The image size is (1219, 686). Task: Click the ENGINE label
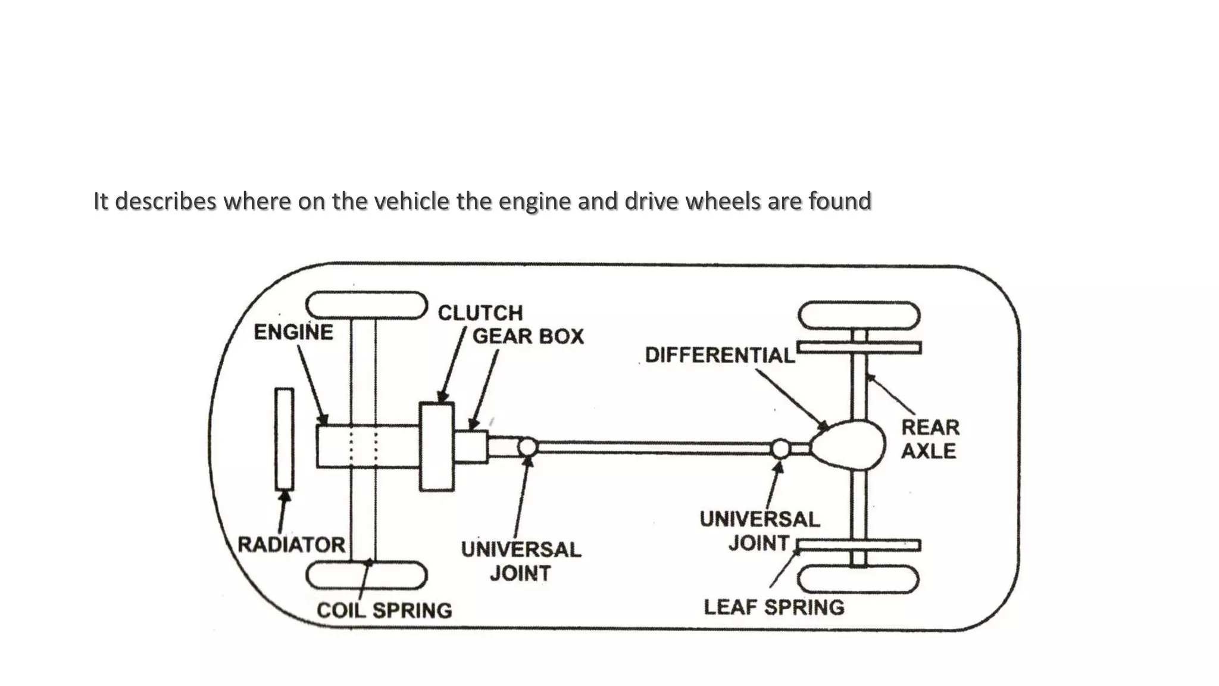[x=293, y=332]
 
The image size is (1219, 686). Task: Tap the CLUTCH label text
[x=480, y=313]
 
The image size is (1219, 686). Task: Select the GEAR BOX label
[x=528, y=336]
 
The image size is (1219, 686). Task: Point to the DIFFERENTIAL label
[x=720, y=356]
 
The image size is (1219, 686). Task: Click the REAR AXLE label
[x=930, y=439]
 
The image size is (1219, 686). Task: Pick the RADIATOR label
[x=291, y=544]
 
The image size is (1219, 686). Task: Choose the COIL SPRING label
[x=384, y=610]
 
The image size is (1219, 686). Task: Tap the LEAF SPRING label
[x=774, y=607]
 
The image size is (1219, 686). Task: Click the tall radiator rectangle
[x=285, y=439]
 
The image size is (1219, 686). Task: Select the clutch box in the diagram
[x=437, y=447]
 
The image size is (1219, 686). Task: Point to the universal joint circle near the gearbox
[x=527, y=447]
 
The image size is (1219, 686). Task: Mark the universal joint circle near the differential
[x=781, y=448]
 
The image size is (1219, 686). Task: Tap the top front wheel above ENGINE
[x=367, y=305]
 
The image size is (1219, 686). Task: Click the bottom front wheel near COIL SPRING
[x=367, y=576]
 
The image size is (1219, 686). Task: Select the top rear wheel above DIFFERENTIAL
[x=859, y=316]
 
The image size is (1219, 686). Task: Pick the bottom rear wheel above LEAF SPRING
[x=859, y=579]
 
